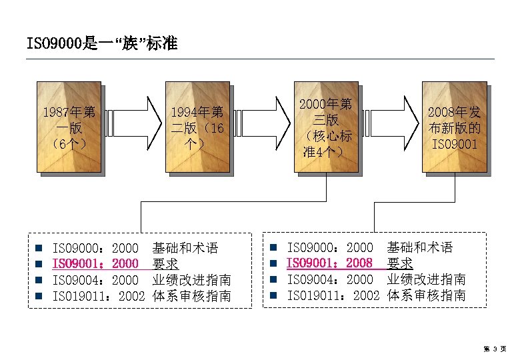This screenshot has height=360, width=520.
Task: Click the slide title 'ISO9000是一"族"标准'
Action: [x=101, y=44]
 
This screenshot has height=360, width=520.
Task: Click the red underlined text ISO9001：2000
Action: [x=95, y=264]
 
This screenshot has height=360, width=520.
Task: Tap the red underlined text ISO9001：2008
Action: [x=330, y=263]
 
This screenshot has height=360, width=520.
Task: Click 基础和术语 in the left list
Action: [x=185, y=249]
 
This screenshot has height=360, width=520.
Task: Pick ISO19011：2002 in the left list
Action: [x=98, y=295]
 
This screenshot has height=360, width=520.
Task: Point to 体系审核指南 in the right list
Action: [x=426, y=295]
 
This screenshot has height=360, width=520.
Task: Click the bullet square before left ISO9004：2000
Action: [x=39, y=280]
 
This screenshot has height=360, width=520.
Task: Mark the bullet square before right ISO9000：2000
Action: [x=273, y=248]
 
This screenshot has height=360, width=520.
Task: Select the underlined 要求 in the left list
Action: [x=165, y=264]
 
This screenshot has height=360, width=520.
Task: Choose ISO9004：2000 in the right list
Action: [x=330, y=279]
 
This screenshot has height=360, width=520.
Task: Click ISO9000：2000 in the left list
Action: [x=95, y=249]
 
